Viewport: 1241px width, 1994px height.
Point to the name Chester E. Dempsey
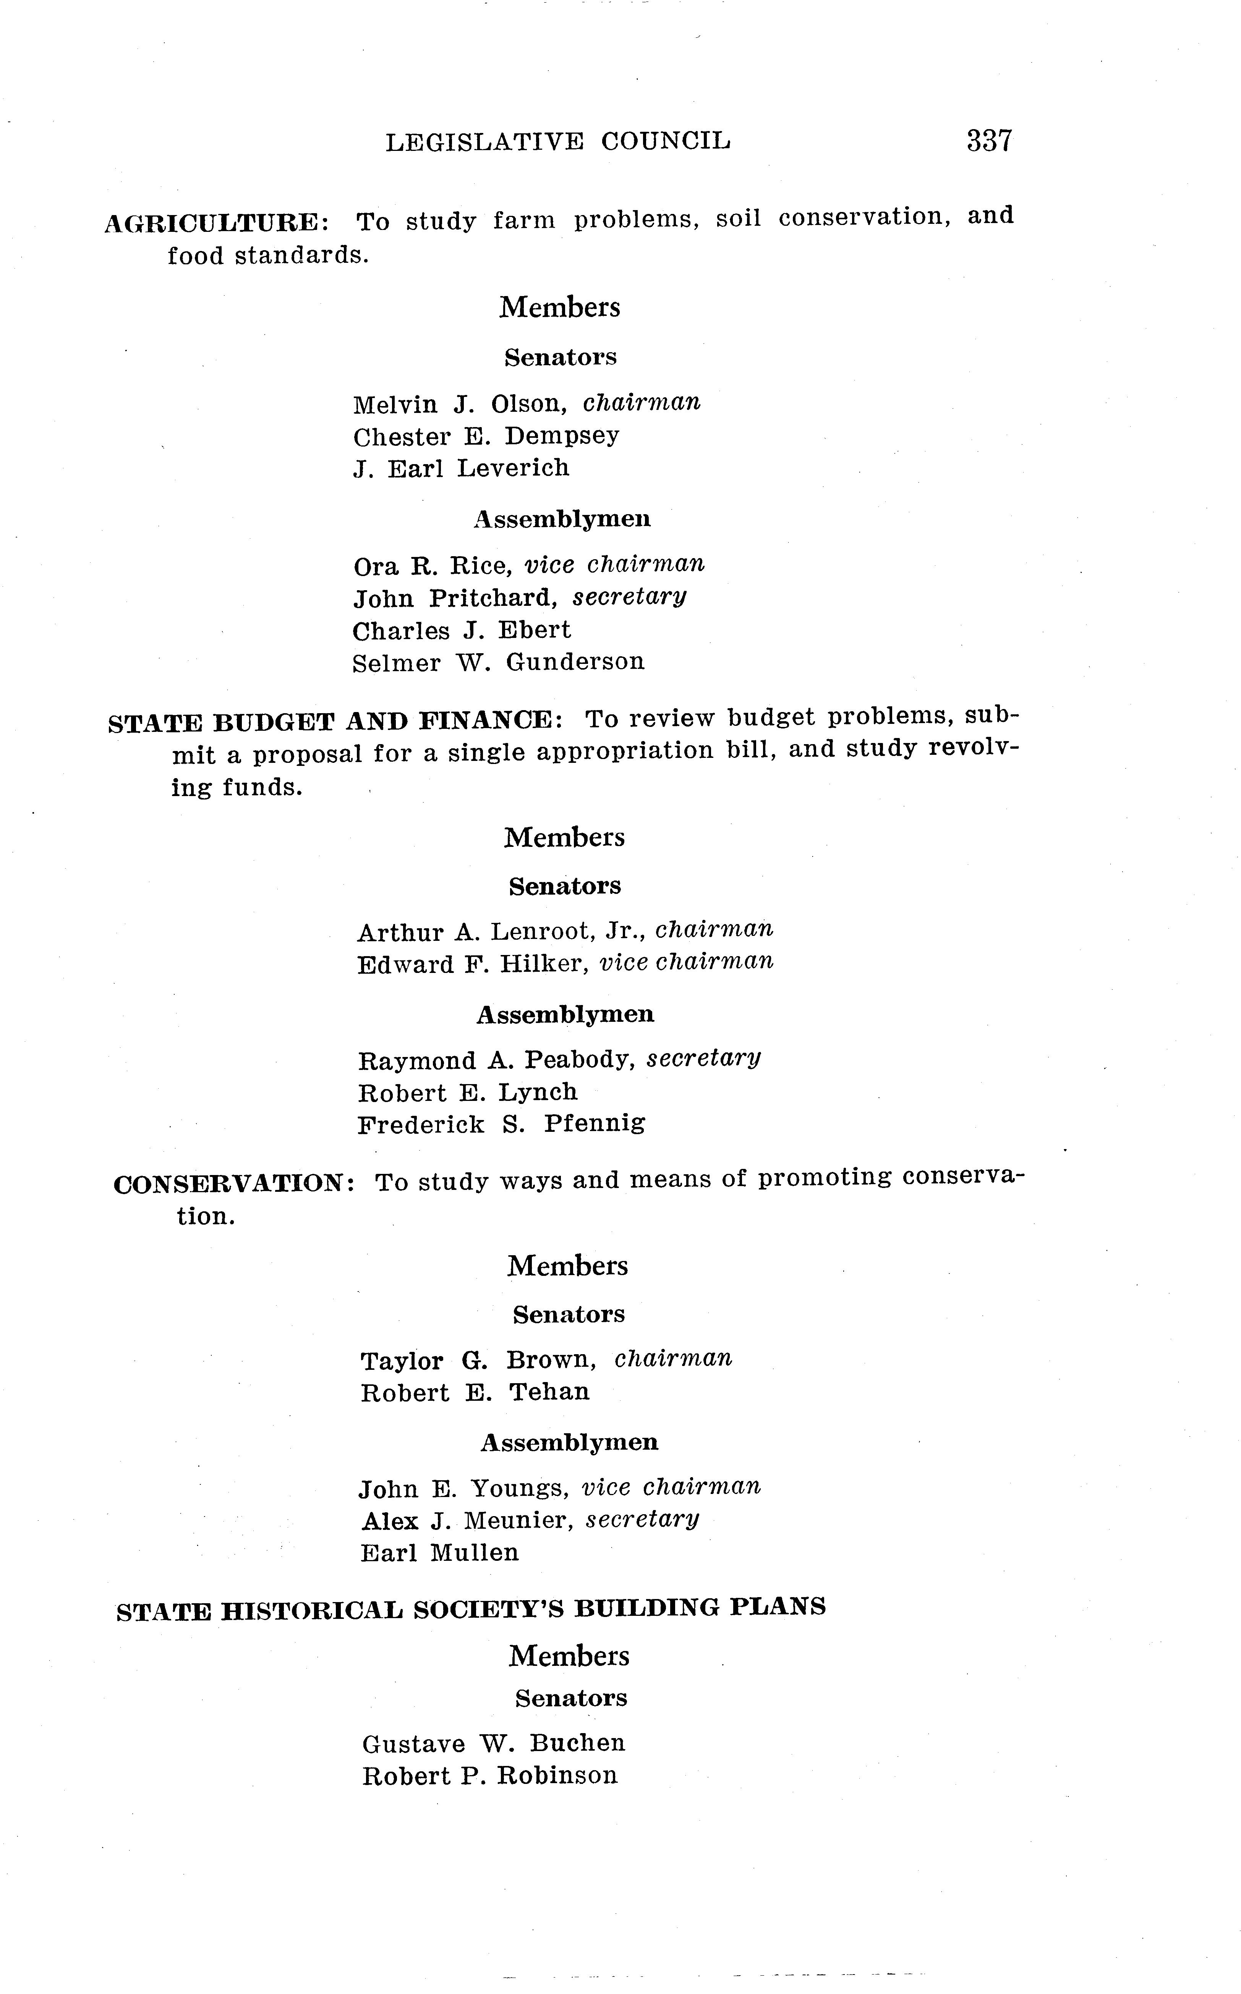(x=486, y=436)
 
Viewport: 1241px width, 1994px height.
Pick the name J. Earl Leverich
(x=461, y=469)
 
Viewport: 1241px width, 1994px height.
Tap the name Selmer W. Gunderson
(x=498, y=662)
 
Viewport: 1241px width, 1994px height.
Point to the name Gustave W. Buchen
(x=493, y=1743)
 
